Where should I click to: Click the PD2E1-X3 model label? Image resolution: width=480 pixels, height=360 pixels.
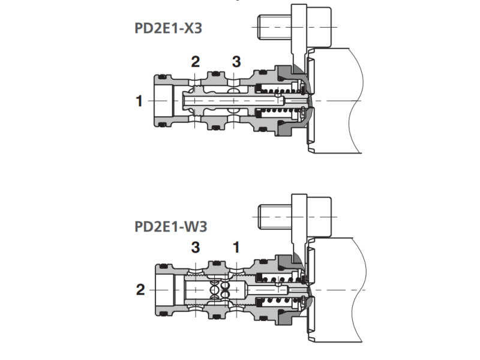point(168,28)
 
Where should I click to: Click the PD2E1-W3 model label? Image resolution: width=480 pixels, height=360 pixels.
point(171,227)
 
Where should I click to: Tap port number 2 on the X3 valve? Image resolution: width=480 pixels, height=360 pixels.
point(196,62)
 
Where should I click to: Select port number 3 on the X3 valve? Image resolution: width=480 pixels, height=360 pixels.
point(236,62)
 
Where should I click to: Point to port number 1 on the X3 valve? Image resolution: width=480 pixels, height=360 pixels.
point(139,101)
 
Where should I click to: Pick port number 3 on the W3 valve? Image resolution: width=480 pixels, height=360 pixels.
point(196,247)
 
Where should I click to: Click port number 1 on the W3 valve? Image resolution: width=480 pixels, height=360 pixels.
point(236,247)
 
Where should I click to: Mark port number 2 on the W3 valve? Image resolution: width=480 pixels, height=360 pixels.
point(140,290)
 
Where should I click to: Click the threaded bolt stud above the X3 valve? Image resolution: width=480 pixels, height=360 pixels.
point(274,27)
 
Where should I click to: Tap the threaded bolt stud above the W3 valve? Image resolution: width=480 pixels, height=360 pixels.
point(275,217)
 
